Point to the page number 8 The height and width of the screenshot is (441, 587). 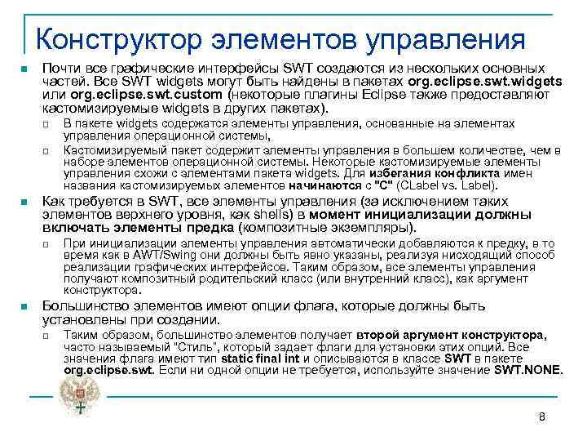[x=541, y=417]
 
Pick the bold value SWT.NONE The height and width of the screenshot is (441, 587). [x=528, y=370]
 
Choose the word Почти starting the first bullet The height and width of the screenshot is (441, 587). [x=60, y=69]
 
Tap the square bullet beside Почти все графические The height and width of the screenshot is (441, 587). [x=26, y=69]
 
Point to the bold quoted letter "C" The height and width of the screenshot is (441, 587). [x=382, y=185]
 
